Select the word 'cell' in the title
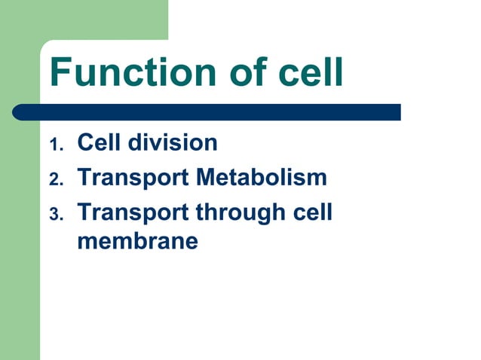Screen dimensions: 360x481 309,72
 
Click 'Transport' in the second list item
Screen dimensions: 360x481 133,178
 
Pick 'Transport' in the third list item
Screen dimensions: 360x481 133,213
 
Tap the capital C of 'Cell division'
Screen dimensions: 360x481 85,142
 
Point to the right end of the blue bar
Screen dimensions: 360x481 397,112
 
